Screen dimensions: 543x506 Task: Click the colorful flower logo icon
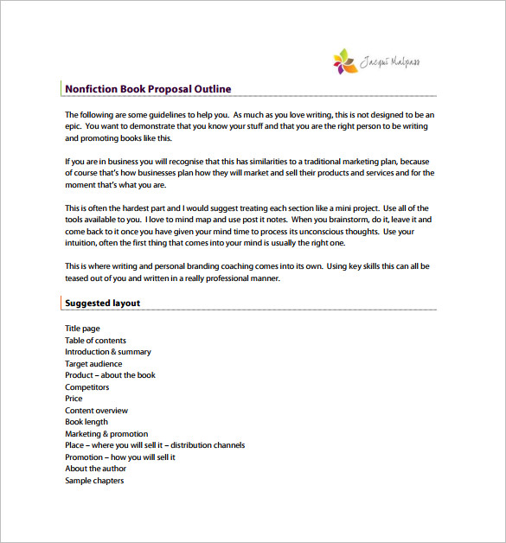(x=344, y=61)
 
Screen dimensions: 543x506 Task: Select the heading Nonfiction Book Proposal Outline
(x=148, y=88)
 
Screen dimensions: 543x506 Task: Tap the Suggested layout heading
(x=102, y=303)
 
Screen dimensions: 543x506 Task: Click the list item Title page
(x=82, y=329)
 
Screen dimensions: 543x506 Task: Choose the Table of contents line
(x=95, y=341)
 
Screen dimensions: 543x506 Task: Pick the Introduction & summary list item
(x=108, y=352)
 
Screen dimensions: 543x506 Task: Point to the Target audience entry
(x=93, y=364)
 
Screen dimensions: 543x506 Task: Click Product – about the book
(x=110, y=375)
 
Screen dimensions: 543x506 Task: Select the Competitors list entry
(x=87, y=387)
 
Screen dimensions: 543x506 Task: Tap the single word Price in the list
(x=74, y=399)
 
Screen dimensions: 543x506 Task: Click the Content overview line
(x=96, y=411)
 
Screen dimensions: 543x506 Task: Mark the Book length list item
(x=86, y=422)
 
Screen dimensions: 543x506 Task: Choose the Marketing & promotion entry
(x=106, y=434)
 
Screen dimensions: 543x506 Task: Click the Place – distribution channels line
(x=155, y=445)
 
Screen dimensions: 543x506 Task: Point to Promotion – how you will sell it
(x=120, y=457)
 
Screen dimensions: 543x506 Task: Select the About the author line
(x=94, y=469)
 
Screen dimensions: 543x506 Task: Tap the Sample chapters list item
(x=94, y=481)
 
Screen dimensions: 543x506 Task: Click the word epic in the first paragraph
(x=74, y=126)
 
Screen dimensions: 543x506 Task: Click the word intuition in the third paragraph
(x=84, y=243)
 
